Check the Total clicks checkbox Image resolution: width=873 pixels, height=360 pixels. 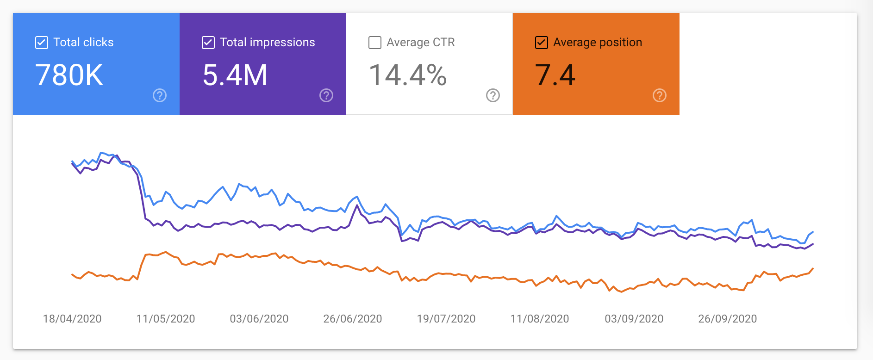(42, 43)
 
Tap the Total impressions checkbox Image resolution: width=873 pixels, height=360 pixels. (208, 43)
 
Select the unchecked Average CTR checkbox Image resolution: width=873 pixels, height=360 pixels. (375, 43)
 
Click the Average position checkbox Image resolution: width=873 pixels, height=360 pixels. (542, 43)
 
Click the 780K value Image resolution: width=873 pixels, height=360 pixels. (69, 75)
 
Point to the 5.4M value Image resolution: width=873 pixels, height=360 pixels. (235, 75)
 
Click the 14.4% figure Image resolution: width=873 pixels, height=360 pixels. (408, 75)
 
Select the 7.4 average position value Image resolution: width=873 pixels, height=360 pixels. (555, 75)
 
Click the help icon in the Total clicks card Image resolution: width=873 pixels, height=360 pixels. (160, 95)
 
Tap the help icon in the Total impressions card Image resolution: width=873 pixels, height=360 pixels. (326, 95)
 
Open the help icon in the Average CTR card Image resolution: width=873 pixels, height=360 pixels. (493, 95)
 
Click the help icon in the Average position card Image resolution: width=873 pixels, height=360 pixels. (660, 95)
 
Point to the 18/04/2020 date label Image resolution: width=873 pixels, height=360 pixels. (72, 319)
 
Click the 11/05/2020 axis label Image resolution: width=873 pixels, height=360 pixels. (166, 319)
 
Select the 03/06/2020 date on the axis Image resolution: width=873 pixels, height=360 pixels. (259, 319)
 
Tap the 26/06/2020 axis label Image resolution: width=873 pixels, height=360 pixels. (353, 319)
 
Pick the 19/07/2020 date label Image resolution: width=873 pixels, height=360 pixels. (446, 319)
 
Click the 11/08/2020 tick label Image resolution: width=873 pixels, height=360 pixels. (540, 319)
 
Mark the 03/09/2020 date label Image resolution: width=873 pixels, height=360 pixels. (634, 319)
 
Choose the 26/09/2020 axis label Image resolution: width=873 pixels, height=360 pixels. (728, 319)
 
